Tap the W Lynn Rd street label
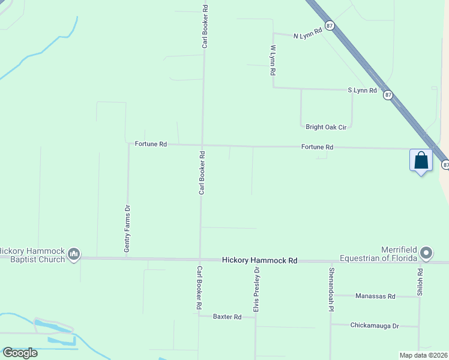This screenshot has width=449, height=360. point(273,59)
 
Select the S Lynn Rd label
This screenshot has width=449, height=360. point(362,90)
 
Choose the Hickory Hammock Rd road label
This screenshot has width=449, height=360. point(260,260)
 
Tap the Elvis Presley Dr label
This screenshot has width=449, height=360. point(256,289)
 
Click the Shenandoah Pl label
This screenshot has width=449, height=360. point(331,289)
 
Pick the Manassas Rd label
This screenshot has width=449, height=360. point(375,296)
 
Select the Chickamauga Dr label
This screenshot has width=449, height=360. point(373,325)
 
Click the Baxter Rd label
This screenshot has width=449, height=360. point(227,316)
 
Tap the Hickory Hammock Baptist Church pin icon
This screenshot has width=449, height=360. point(74,254)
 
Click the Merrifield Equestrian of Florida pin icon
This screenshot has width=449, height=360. point(426,253)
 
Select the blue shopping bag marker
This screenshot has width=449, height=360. point(421,161)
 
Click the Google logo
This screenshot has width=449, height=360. point(20,353)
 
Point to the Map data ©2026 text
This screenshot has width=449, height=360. point(424,355)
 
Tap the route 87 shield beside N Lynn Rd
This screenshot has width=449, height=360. point(330,25)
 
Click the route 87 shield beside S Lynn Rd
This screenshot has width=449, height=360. point(388,95)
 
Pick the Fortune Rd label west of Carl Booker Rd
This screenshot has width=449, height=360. point(151,144)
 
